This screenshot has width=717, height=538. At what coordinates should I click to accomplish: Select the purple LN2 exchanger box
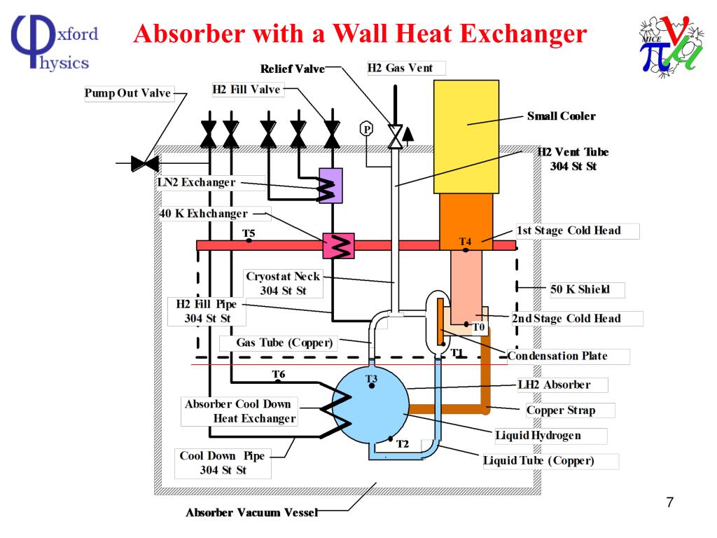tap(330, 186)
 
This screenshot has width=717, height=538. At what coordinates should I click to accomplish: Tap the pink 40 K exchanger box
tap(338, 244)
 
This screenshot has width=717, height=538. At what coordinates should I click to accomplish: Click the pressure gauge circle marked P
tap(366, 128)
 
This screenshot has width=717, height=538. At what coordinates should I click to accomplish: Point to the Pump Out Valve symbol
tap(146, 164)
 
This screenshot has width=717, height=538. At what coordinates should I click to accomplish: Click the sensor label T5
tap(249, 233)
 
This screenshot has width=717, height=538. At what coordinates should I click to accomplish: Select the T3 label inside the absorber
tap(372, 379)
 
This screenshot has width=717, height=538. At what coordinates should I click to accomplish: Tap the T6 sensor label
tap(279, 374)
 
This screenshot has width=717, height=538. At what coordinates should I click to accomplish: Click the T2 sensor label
tap(402, 443)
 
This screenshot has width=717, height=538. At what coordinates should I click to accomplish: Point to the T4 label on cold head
tap(466, 242)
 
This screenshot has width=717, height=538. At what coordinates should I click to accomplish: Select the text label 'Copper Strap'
tap(560, 410)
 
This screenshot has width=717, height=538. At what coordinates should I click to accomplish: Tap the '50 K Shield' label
tap(580, 289)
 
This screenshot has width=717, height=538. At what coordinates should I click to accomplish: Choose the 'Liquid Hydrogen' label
tap(538, 436)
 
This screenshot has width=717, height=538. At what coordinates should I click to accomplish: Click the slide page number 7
tap(669, 502)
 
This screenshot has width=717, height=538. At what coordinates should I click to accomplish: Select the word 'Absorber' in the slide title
tap(181, 34)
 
